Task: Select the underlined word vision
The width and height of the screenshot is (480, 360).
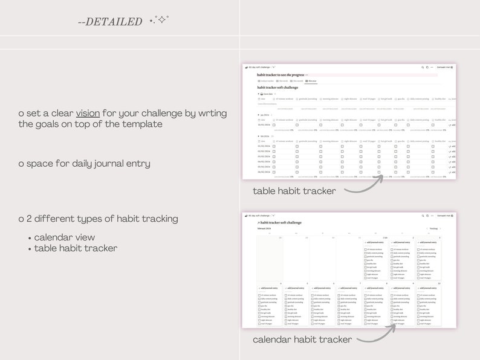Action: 88,113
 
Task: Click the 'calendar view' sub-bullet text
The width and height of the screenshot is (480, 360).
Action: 64,237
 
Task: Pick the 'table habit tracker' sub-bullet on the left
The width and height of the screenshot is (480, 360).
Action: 76,248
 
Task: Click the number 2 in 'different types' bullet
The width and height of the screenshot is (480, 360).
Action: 30,218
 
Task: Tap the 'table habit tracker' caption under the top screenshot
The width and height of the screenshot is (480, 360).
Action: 294,191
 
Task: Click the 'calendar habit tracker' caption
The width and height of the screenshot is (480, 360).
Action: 302,339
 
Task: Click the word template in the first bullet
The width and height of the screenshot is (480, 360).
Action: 141,124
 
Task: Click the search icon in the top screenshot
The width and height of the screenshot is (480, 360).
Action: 422,67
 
